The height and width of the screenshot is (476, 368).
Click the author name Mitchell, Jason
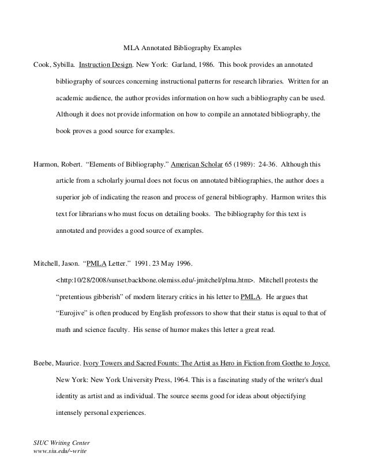[56, 265]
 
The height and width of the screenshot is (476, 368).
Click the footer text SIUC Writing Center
[60, 442]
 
